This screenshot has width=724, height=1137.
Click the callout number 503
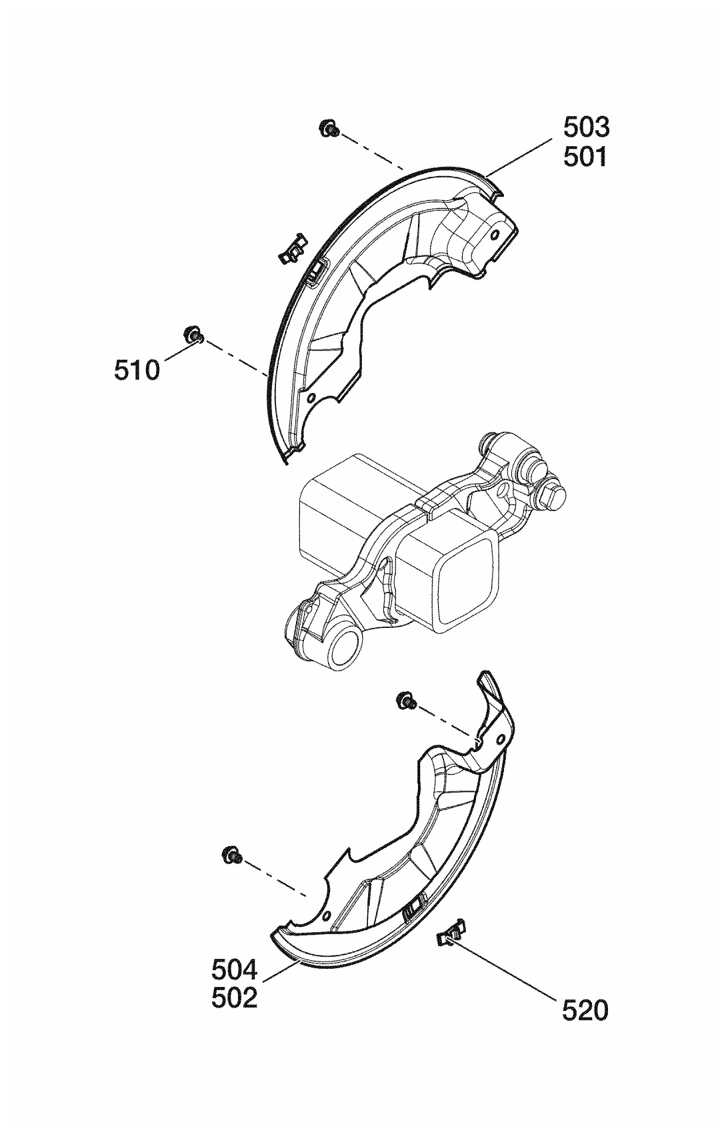click(x=586, y=126)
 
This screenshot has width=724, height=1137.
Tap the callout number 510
click(x=137, y=370)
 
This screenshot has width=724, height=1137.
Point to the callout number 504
click(x=235, y=968)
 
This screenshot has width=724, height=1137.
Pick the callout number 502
click(x=235, y=998)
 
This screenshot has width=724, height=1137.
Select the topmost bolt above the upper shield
click(x=328, y=128)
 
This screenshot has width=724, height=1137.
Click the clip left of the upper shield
click(x=291, y=249)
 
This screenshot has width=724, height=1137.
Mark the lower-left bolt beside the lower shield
click(x=231, y=854)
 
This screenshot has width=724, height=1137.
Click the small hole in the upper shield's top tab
click(x=495, y=235)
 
